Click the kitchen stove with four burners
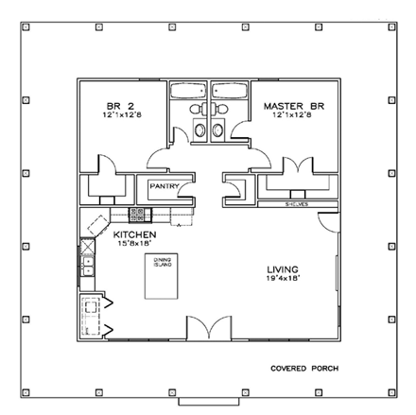pos(137,215)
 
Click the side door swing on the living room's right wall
pos(327,223)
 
